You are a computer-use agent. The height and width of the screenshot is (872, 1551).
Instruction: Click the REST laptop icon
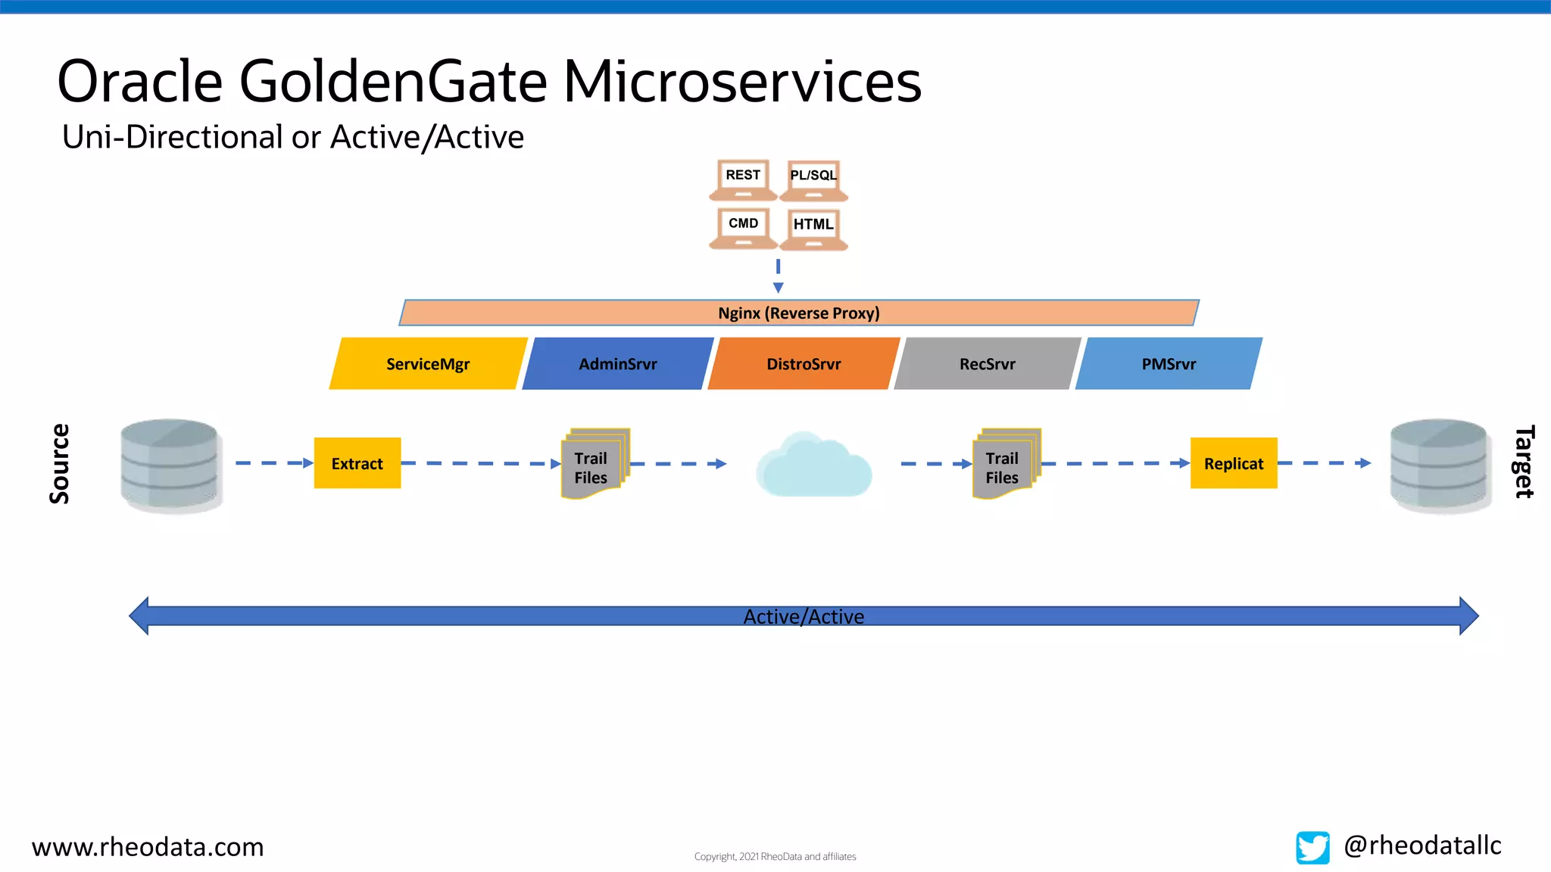point(743,179)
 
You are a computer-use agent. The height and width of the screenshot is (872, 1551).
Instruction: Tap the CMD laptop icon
point(743,228)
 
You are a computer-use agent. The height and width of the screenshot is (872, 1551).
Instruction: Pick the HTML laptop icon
point(813,229)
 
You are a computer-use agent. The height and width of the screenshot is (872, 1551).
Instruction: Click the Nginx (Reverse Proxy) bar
point(799,313)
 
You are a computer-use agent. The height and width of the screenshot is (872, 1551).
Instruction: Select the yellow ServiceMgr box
point(428,364)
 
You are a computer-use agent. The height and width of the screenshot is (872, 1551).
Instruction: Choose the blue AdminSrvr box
point(618,364)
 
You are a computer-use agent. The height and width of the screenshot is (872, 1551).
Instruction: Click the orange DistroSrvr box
point(804,364)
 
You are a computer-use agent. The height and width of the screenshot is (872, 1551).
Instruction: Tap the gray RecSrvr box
point(988,364)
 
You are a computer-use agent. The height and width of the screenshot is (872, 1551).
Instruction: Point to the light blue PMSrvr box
point(1169,364)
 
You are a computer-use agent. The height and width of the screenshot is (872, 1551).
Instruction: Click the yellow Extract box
point(357,463)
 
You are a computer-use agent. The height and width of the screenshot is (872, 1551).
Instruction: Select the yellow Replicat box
point(1234,463)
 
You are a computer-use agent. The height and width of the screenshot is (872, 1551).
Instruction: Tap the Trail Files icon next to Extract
point(594,464)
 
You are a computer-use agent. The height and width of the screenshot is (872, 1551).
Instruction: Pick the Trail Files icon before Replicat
point(1006,464)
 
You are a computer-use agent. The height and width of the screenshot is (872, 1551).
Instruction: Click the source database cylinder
point(170,465)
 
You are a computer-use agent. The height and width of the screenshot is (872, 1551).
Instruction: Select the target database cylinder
point(1440,465)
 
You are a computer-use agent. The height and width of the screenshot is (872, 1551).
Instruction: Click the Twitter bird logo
point(1312,847)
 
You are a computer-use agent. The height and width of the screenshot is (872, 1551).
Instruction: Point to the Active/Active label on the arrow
point(804,616)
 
